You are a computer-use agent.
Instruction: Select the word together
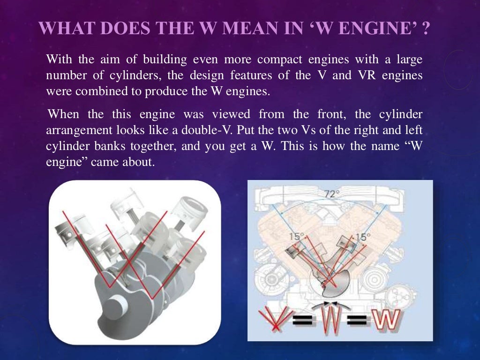[x=155, y=146]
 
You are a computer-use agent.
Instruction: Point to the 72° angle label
[x=332, y=194]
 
